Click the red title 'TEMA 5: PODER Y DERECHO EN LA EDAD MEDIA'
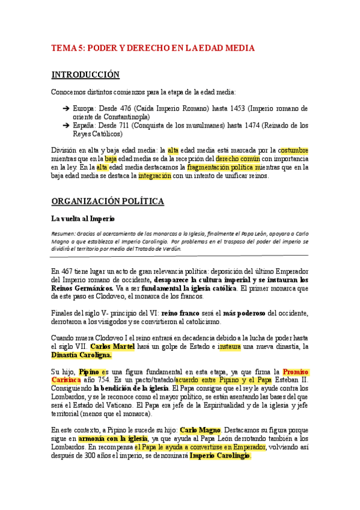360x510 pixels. point(153,48)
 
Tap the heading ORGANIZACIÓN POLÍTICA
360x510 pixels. point(108,201)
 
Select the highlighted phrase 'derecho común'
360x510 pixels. point(238,159)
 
